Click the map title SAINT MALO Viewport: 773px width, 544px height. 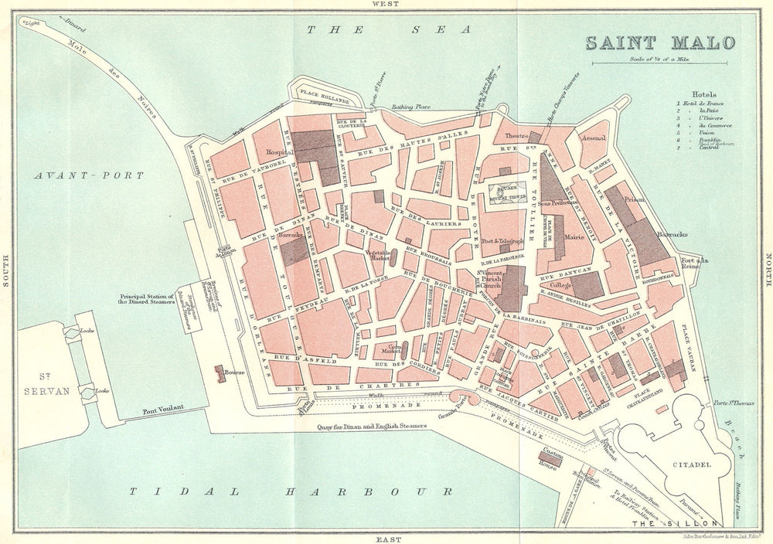pyautogui.click(x=659, y=42)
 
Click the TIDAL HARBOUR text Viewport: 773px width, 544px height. pyautogui.click(x=290, y=491)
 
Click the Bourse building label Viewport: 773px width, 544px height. pyautogui.click(x=234, y=372)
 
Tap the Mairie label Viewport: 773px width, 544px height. pyautogui.click(x=573, y=238)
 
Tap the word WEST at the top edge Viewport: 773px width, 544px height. pyautogui.click(x=386, y=5)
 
